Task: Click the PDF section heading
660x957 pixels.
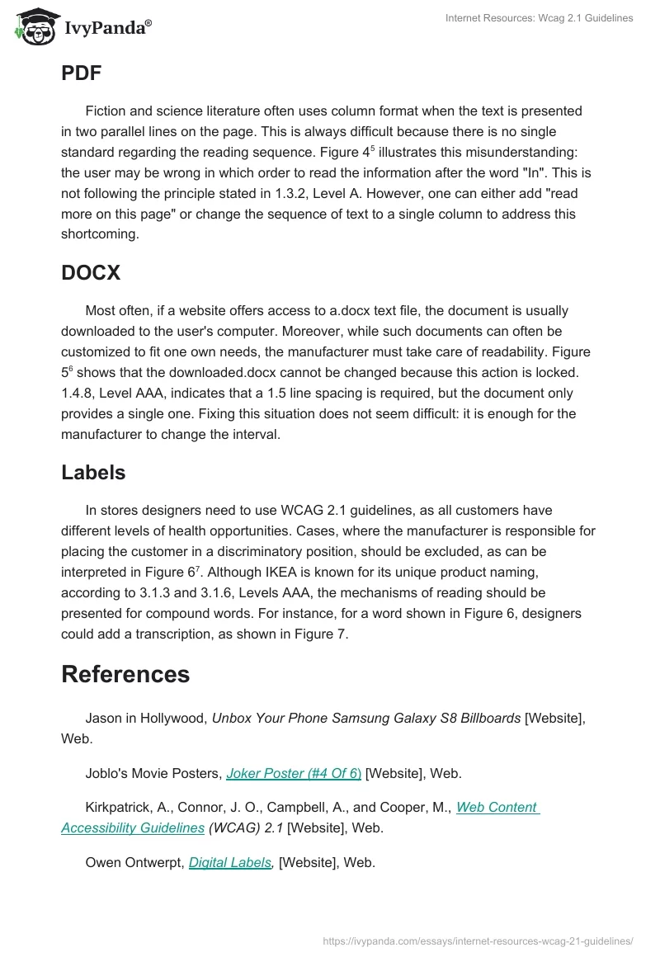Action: tap(81, 73)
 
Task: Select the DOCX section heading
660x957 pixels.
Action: tap(91, 273)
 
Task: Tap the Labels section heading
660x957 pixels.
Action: tap(93, 473)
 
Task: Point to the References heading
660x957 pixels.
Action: tap(125, 674)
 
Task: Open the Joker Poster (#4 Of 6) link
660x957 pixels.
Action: tap(294, 773)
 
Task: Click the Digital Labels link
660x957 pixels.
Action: tap(230, 862)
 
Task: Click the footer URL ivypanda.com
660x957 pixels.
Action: tap(478, 940)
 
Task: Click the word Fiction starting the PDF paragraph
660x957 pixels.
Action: tap(106, 111)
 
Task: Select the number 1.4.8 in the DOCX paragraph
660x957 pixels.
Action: tap(78, 393)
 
